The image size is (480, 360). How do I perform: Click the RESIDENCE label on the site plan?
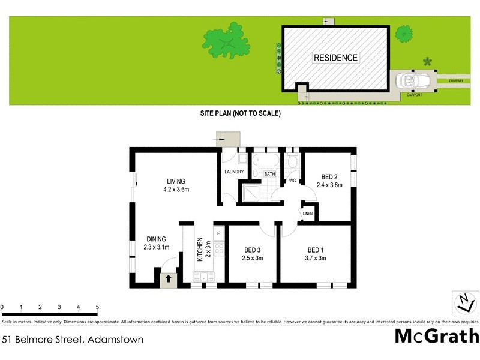(335, 58)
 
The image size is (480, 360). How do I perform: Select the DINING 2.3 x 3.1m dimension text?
(156, 247)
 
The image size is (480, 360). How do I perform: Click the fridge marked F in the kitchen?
(218, 232)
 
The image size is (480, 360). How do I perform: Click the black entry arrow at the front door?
(169, 278)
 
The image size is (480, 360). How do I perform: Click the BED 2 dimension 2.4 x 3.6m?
(329, 185)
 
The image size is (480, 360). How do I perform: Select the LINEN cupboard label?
(307, 214)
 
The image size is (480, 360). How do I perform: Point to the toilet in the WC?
(292, 163)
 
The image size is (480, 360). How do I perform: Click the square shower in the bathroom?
(251, 189)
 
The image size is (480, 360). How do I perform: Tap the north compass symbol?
(463, 302)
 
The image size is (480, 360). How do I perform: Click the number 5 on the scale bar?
(97, 307)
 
